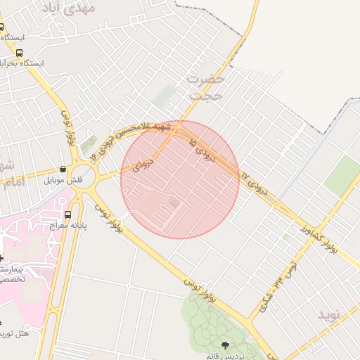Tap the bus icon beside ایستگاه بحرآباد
pyautogui.click(x=19, y=53)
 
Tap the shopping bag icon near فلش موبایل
pyautogui.click(x=64, y=169)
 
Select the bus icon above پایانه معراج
pyautogui.click(x=67, y=214)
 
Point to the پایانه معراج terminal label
pyautogui.click(x=68, y=226)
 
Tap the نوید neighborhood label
pyautogui.click(x=328, y=314)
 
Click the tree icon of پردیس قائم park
pyautogui.click(x=226, y=345)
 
